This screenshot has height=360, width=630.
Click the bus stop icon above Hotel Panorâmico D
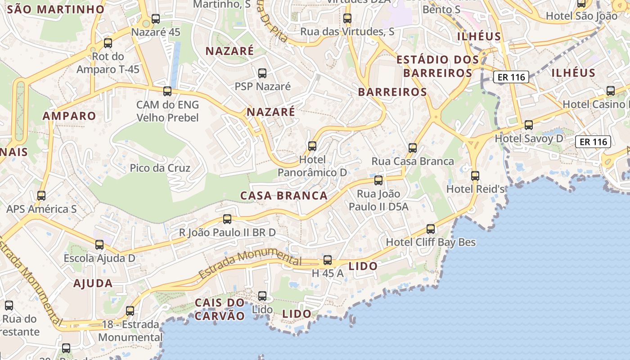[x=312, y=146]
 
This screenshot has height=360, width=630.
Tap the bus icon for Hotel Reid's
[x=475, y=175]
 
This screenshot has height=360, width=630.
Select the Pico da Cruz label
[x=160, y=168]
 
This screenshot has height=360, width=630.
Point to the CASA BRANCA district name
[x=284, y=196]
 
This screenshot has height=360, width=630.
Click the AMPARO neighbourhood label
[x=69, y=116]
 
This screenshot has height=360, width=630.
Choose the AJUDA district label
[x=93, y=283]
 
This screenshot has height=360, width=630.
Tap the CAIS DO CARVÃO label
[x=220, y=309]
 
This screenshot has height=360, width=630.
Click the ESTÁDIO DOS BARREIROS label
[x=437, y=66]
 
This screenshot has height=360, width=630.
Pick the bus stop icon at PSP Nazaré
[x=262, y=73]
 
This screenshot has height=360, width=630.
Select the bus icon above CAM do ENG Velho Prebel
[x=167, y=91]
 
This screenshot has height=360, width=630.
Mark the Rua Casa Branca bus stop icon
[x=412, y=148]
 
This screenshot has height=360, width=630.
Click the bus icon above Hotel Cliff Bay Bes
[x=431, y=229]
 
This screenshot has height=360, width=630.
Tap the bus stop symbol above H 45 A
[x=328, y=260]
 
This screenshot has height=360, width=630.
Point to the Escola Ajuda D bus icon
[x=99, y=245]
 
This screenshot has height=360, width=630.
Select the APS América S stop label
[x=41, y=209]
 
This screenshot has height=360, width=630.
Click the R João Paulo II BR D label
[x=227, y=233]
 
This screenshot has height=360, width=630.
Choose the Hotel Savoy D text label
[x=529, y=139]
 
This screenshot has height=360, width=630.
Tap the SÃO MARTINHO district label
[x=56, y=9]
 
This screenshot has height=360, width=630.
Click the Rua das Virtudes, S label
[x=347, y=31]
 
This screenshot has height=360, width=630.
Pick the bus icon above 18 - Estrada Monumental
[x=130, y=310]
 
